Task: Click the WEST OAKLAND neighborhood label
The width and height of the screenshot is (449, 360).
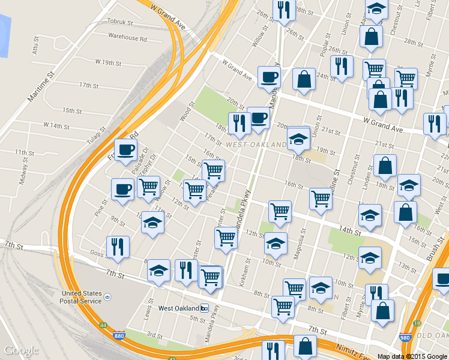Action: coord(256,145)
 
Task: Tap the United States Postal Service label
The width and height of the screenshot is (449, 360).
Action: coord(82,297)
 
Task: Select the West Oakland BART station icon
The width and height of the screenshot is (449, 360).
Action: coord(204,308)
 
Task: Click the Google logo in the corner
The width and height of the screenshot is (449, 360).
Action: coord(21,351)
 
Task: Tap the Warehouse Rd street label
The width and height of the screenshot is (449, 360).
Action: coord(127,37)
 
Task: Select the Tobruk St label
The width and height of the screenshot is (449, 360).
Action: coord(119,22)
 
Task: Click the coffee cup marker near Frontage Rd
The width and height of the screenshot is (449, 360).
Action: coord(125,149)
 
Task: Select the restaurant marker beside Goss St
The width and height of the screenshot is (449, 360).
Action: coord(118,247)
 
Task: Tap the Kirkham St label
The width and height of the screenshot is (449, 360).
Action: coord(246,274)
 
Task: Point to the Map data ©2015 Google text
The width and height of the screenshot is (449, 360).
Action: coord(412,356)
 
